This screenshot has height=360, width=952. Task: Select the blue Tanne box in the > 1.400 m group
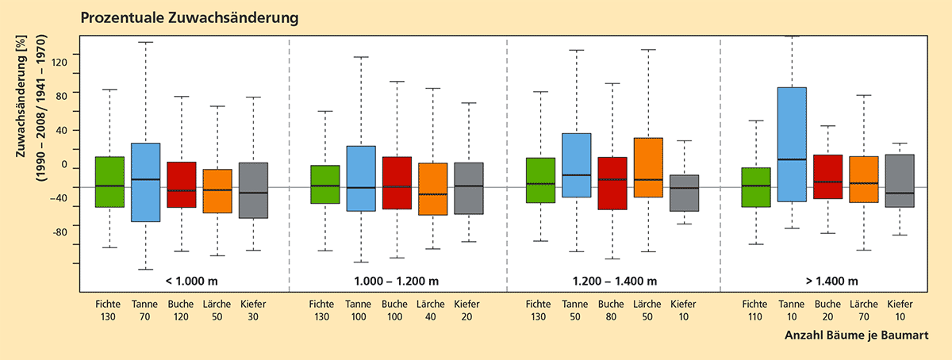[792, 144]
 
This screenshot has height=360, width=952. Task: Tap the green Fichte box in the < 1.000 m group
[109, 182]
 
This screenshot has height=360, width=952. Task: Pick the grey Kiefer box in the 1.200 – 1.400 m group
[683, 193]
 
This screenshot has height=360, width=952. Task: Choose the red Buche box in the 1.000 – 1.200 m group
[397, 182]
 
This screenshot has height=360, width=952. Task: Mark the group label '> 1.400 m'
[829, 281]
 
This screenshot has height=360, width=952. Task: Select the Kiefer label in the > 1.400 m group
[900, 304]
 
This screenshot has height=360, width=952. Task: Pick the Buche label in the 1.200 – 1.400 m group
[612, 304]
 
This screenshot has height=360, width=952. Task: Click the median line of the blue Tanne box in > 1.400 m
[792, 159]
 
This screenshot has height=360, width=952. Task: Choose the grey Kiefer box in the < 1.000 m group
[253, 190]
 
